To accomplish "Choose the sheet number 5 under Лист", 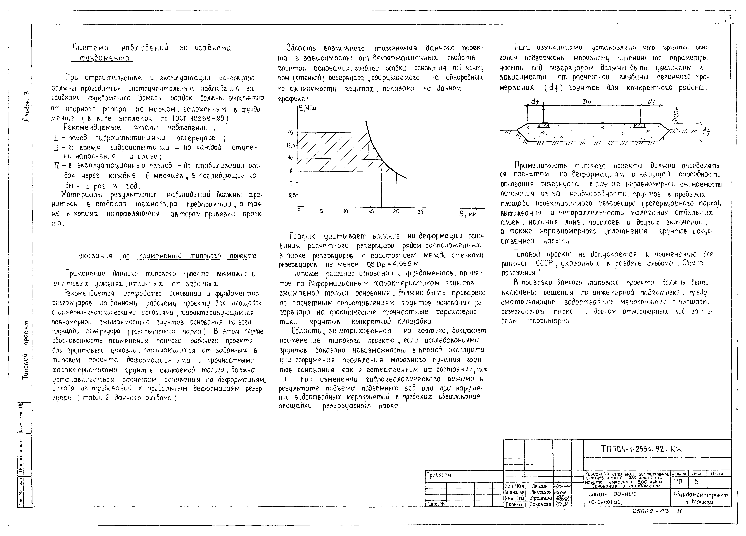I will point(696,482).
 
